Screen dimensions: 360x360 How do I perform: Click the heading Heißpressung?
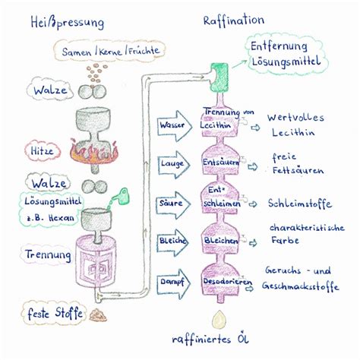67,23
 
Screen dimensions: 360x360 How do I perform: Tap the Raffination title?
234,21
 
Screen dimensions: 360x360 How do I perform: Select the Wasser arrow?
175,126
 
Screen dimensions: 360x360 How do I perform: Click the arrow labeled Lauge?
174,165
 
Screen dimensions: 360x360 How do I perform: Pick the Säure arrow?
173,205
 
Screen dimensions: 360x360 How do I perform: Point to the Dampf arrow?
173,284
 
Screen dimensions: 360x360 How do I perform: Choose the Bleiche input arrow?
172,242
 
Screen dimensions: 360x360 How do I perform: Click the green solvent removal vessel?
219,77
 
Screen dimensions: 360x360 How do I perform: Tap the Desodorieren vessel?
220,279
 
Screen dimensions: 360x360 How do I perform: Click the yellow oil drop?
219,320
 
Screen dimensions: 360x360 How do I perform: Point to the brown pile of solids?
98,315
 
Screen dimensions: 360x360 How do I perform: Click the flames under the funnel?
94,152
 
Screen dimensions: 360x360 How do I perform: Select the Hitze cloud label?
43,151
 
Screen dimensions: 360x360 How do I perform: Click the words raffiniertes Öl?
210,339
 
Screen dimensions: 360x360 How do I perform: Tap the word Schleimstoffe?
300,204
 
